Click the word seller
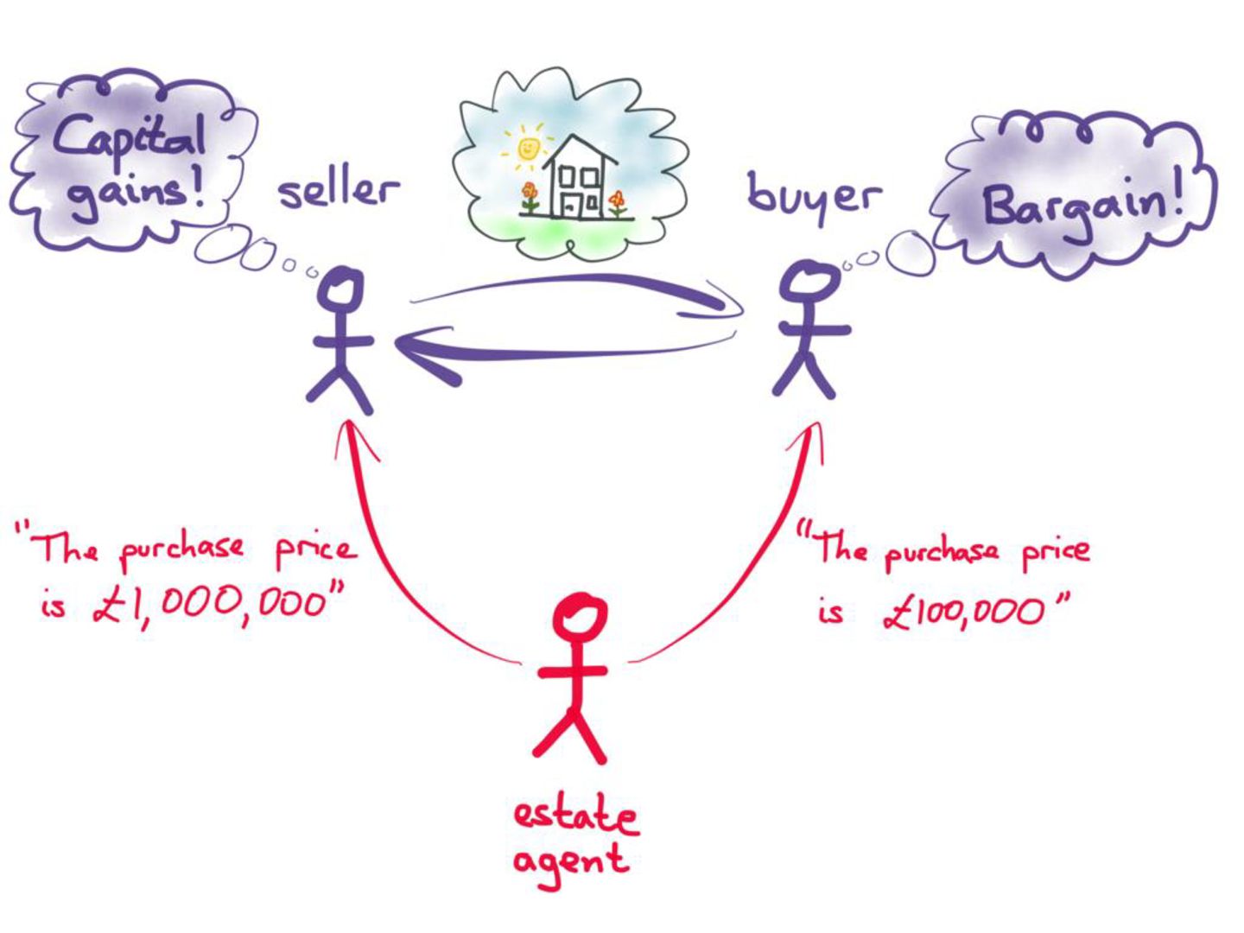coord(338,190)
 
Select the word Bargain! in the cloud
coord(1081,206)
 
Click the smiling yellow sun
coord(528,148)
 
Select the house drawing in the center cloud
coord(577,179)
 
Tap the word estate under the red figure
coord(575,816)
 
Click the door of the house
coord(571,205)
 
